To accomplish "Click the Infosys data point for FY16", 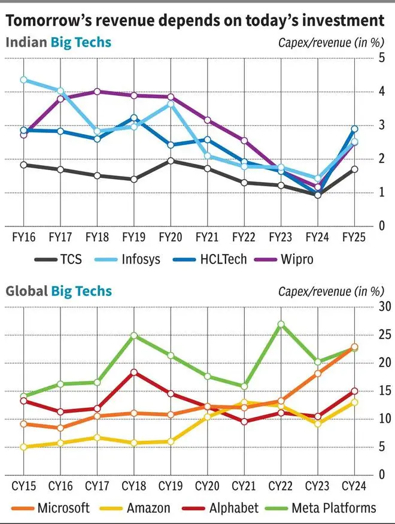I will pos(24,80).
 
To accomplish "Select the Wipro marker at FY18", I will pos(98,92).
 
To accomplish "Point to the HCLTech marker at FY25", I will pos(354,129).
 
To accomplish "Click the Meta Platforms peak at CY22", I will pos(281,324).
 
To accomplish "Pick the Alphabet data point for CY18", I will pos(133,372).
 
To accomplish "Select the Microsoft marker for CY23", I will pos(318,374).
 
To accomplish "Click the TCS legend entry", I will pos(59,259).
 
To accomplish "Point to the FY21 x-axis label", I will pos(207,237).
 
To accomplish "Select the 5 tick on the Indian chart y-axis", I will pos(381,57).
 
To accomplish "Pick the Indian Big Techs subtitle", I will pos(58,42).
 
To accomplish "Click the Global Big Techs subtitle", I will pos(59,291).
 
